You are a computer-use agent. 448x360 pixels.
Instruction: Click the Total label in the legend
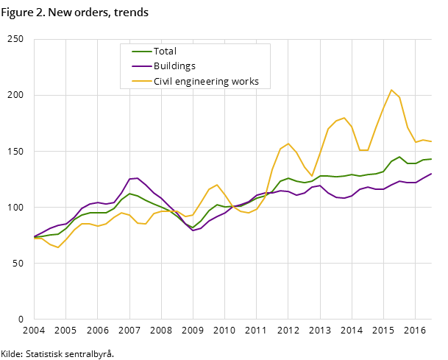pos(165,52)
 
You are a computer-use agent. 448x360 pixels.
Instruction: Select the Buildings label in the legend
pos(174,66)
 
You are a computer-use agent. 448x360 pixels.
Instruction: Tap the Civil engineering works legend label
pos(206,82)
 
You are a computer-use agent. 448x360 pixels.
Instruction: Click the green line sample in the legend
pos(141,52)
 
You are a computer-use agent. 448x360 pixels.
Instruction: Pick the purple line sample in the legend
pos(141,66)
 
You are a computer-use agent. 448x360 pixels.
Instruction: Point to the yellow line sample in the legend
pos(141,82)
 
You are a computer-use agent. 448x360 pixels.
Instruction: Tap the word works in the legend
pos(245,82)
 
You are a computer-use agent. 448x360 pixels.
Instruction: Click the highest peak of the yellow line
pos(391,90)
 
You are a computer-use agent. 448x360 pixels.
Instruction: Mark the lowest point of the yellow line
pos(57,247)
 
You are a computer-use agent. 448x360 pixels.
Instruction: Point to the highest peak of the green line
pos(399,157)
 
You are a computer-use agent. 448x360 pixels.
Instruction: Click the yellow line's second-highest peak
pos(344,118)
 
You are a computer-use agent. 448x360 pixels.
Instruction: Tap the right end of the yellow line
pos(431,141)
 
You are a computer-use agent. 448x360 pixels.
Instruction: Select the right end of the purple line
pos(431,174)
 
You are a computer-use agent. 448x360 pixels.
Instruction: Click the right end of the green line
pos(431,159)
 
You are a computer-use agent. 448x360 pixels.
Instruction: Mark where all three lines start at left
pos(34,237)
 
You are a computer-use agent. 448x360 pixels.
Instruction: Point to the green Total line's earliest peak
pos(129,194)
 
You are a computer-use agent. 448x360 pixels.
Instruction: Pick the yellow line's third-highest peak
pos(288,144)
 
